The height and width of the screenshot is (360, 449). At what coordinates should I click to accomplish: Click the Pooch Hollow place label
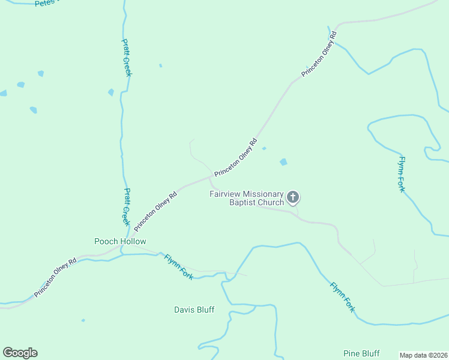click(120, 241)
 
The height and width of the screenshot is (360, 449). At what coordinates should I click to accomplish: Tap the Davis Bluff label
click(194, 310)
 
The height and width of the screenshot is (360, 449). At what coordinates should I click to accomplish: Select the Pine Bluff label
click(361, 353)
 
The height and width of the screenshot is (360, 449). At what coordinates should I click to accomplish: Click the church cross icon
click(293, 197)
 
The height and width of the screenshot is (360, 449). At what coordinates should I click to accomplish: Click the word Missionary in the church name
click(262, 194)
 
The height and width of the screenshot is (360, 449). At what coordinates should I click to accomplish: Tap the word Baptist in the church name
click(242, 202)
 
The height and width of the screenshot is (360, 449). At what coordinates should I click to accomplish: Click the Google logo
click(20, 353)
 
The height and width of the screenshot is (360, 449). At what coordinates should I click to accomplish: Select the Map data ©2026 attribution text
click(423, 355)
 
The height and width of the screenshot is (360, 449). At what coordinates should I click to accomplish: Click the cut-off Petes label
click(45, 3)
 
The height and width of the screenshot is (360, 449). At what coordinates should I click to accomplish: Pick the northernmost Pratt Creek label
click(127, 58)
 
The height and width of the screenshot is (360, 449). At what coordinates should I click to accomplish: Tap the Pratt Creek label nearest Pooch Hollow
click(126, 207)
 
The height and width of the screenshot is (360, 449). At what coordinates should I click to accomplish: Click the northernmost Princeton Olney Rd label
click(321, 54)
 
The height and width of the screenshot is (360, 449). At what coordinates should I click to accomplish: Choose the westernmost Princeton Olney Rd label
click(55, 278)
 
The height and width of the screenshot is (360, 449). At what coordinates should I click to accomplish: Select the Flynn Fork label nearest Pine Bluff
click(342, 296)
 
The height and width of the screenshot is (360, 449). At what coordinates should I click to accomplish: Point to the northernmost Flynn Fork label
click(402, 173)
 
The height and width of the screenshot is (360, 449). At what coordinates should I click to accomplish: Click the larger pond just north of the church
click(283, 162)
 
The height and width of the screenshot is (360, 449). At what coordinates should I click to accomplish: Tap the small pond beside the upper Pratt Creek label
click(111, 92)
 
